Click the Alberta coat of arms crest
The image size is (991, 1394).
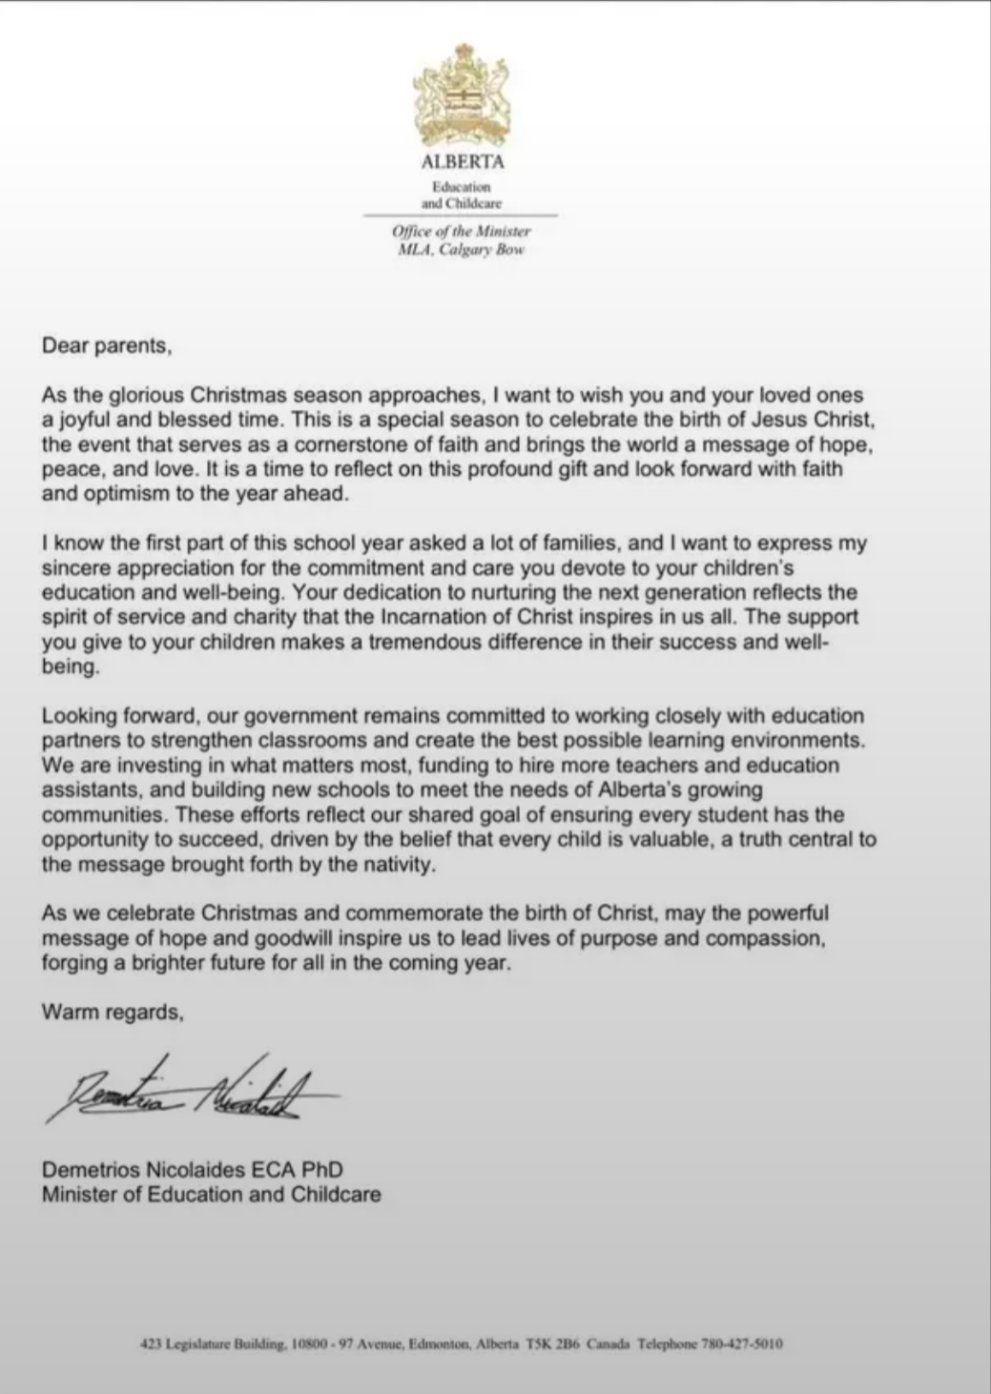click(x=463, y=93)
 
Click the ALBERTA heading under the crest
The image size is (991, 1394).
click(x=463, y=162)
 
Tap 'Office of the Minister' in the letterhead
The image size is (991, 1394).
click(x=462, y=232)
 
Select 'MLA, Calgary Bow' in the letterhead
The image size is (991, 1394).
click(x=462, y=250)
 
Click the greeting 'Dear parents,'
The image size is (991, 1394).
click(x=107, y=346)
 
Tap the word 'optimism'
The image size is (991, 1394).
click(x=124, y=494)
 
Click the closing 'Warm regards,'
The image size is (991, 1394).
click(x=113, y=1013)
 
